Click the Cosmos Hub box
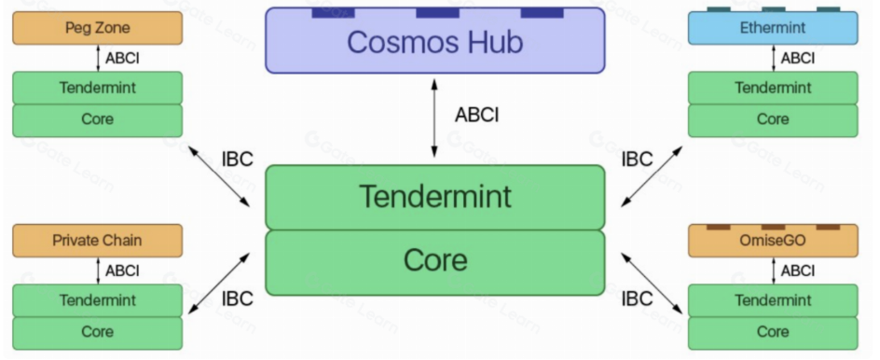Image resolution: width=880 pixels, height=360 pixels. point(435,40)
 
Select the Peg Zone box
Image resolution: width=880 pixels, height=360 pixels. point(98,28)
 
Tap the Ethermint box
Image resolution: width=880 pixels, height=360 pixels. point(773,28)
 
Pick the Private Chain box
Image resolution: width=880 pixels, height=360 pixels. point(98,241)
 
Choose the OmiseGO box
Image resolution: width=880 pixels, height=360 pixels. point(773,241)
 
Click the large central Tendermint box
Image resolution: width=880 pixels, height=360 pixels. point(435,197)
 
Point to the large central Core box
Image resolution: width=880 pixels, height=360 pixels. point(435,262)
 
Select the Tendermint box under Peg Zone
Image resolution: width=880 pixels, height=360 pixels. point(98,89)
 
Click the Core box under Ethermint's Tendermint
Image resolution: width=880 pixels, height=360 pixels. point(773,120)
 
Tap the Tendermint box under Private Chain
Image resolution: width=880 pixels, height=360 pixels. point(98,300)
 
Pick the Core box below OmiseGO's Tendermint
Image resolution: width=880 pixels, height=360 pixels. point(773,333)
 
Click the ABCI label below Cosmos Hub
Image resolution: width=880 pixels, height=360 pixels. point(476,115)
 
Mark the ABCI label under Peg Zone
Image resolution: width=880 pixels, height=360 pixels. point(122,58)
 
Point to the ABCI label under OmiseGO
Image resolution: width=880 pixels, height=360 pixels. point(798,270)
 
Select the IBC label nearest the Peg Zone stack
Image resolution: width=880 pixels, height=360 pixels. point(238,159)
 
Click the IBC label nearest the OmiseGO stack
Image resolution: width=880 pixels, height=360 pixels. point(637,298)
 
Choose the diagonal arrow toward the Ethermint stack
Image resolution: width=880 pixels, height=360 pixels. point(652,176)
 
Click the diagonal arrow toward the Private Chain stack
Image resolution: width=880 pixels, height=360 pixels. point(219,284)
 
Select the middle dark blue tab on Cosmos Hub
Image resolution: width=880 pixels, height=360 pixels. point(438,13)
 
